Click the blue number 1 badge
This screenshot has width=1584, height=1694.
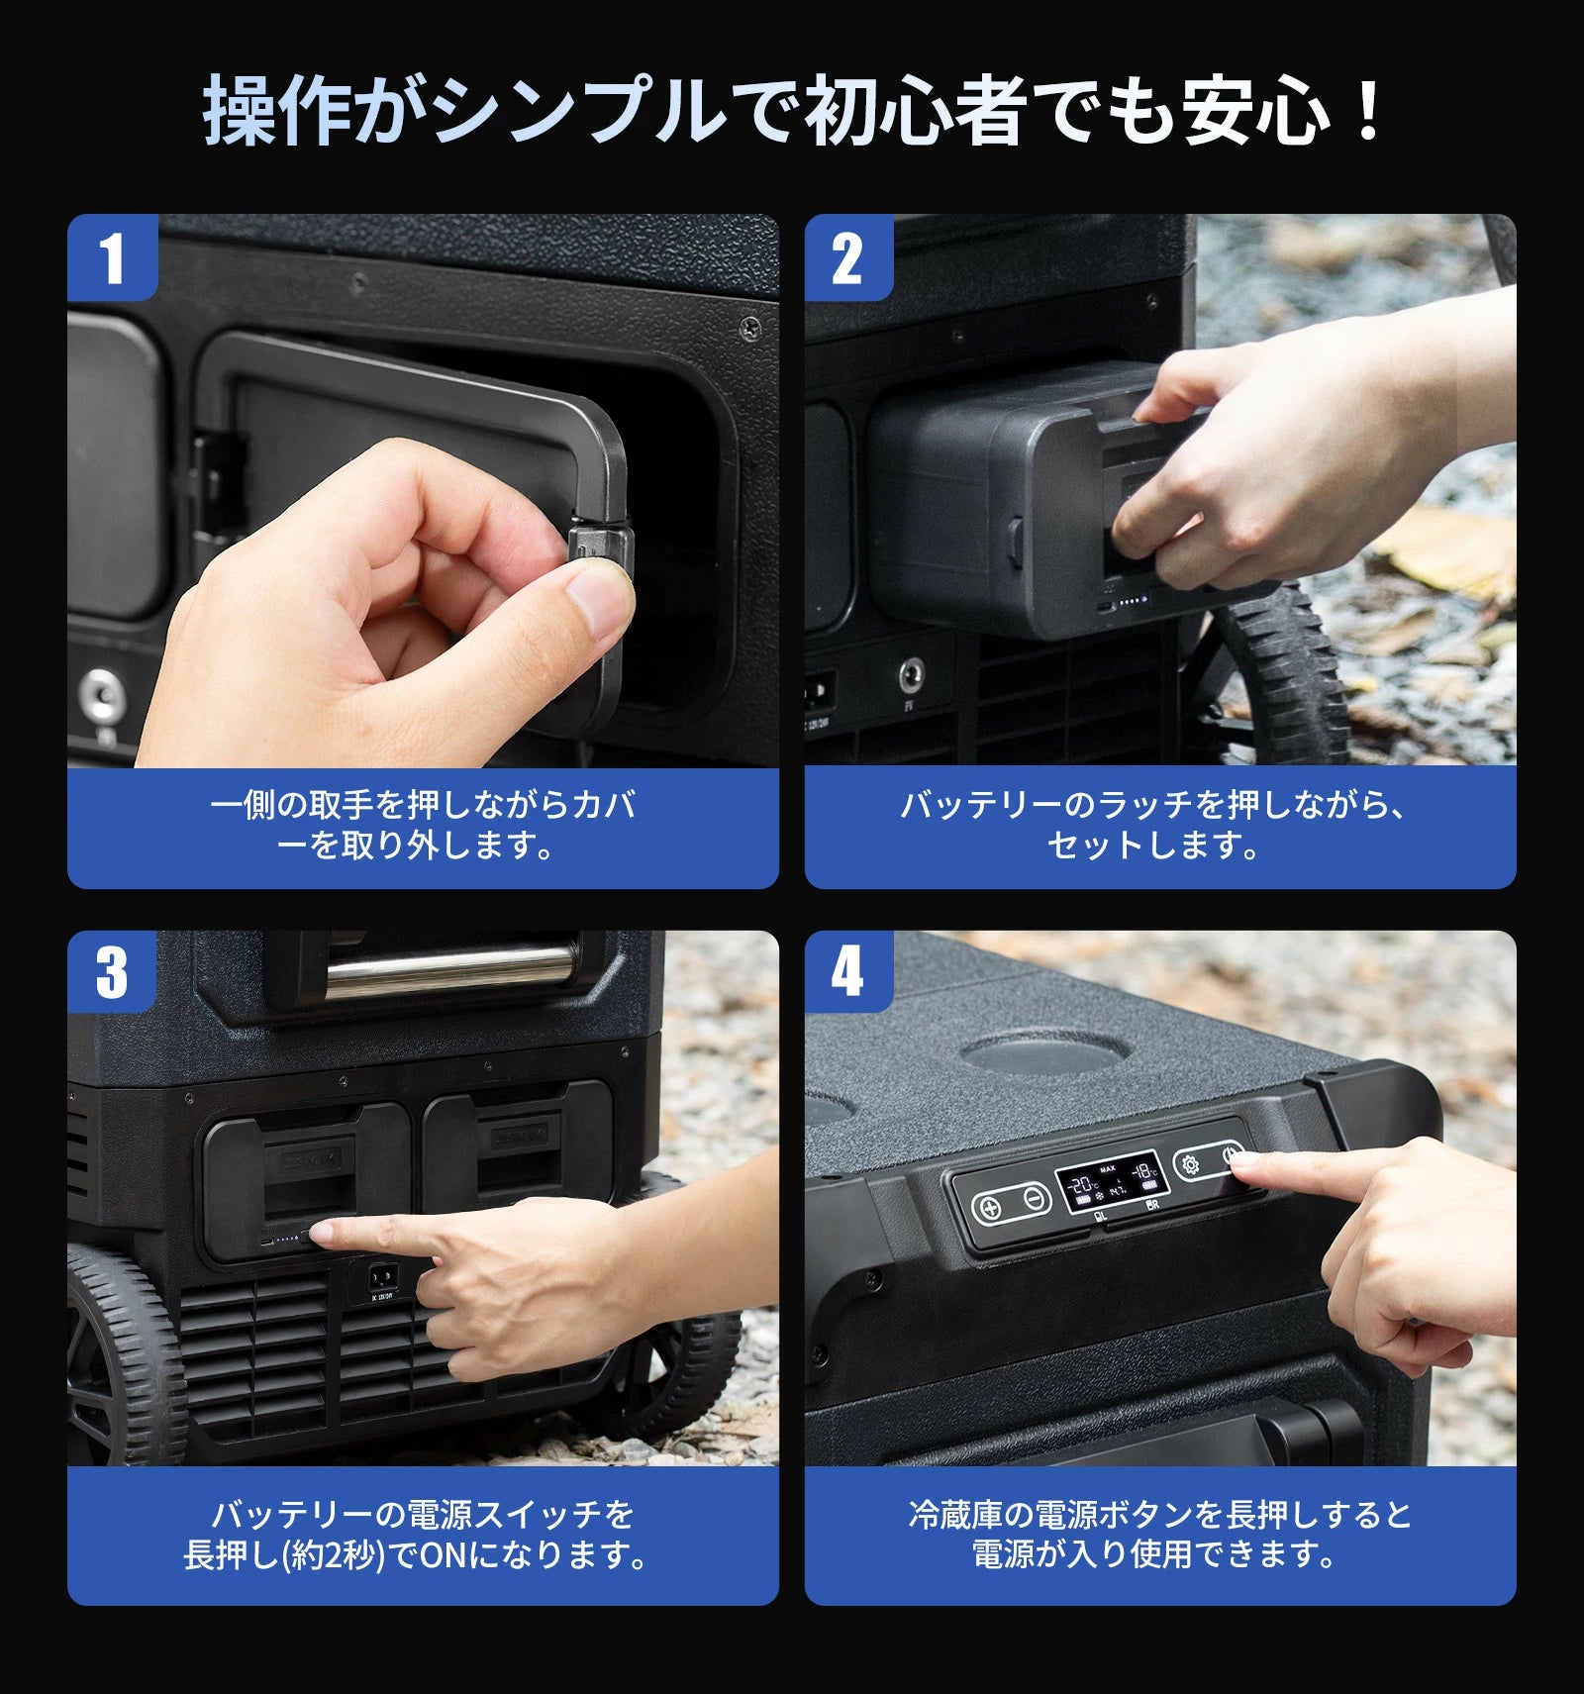[x=113, y=257]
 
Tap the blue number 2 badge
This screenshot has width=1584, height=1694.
[x=848, y=257]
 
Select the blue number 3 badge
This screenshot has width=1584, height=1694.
[x=112, y=971]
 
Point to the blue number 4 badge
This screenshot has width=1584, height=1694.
[x=848, y=971]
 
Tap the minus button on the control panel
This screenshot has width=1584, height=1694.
[x=1035, y=1200]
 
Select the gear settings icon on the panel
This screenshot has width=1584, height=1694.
[x=1190, y=1165]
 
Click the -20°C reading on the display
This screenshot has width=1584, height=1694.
[x=1082, y=1184]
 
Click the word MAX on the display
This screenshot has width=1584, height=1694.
[x=1108, y=1169]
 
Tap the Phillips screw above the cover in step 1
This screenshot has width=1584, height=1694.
[x=751, y=325]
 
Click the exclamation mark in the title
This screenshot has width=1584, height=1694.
[x=1369, y=111]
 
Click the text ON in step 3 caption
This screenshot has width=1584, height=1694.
[x=444, y=1555]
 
